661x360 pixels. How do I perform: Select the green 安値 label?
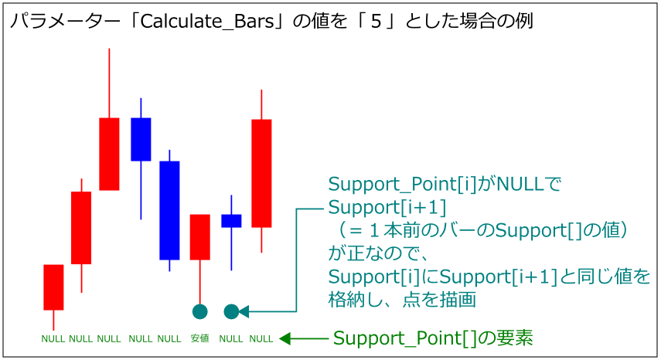pyautogui.click(x=199, y=338)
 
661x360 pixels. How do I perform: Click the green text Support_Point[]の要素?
pyautogui.click(x=433, y=338)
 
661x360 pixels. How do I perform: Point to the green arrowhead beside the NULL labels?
pyautogui.click(x=285, y=338)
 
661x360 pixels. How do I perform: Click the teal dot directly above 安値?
pyautogui.click(x=200, y=311)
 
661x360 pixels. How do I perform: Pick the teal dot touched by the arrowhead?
pyautogui.click(x=230, y=311)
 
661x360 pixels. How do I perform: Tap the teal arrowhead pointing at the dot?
pyautogui.click(x=243, y=311)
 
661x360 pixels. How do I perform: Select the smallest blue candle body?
pyautogui.click(x=231, y=221)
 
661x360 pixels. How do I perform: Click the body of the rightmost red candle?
pyautogui.click(x=261, y=173)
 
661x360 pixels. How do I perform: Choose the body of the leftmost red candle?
pyautogui.click(x=53, y=287)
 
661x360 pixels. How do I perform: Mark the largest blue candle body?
pyautogui.click(x=169, y=210)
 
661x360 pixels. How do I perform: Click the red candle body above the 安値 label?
pyautogui.click(x=200, y=236)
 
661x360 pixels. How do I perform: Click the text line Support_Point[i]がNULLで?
pyautogui.click(x=444, y=185)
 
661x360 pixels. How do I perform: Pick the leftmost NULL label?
pyautogui.click(x=53, y=338)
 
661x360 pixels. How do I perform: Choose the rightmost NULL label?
pyautogui.click(x=261, y=338)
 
